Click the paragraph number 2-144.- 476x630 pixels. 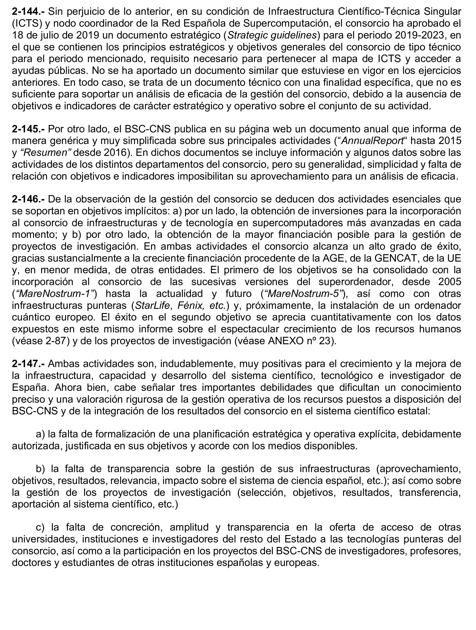[x=28, y=12]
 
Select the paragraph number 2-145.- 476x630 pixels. [x=28, y=129]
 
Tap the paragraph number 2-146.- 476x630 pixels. [x=28, y=199]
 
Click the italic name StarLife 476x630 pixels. [x=152, y=305]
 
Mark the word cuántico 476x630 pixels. [x=32, y=317]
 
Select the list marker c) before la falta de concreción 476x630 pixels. [x=41, y=527]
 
